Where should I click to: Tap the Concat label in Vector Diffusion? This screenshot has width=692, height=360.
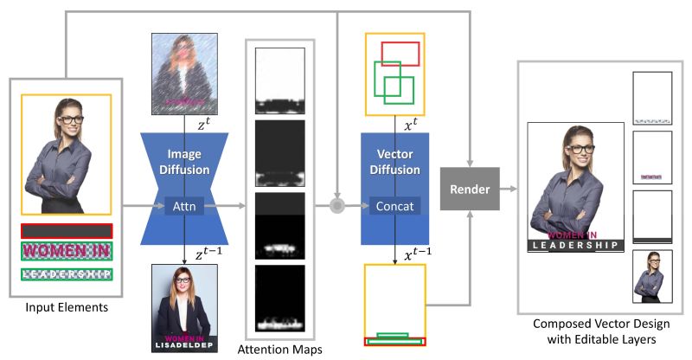395,206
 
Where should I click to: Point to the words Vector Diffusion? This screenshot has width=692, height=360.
395,163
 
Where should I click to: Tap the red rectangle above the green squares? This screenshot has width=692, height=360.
400,54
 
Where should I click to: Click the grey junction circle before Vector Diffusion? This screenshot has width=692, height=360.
338,206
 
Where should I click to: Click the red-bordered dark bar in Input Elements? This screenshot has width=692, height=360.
67,231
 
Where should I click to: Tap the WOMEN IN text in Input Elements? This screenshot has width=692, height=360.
67,252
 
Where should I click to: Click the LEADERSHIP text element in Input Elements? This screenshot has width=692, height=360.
67,274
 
